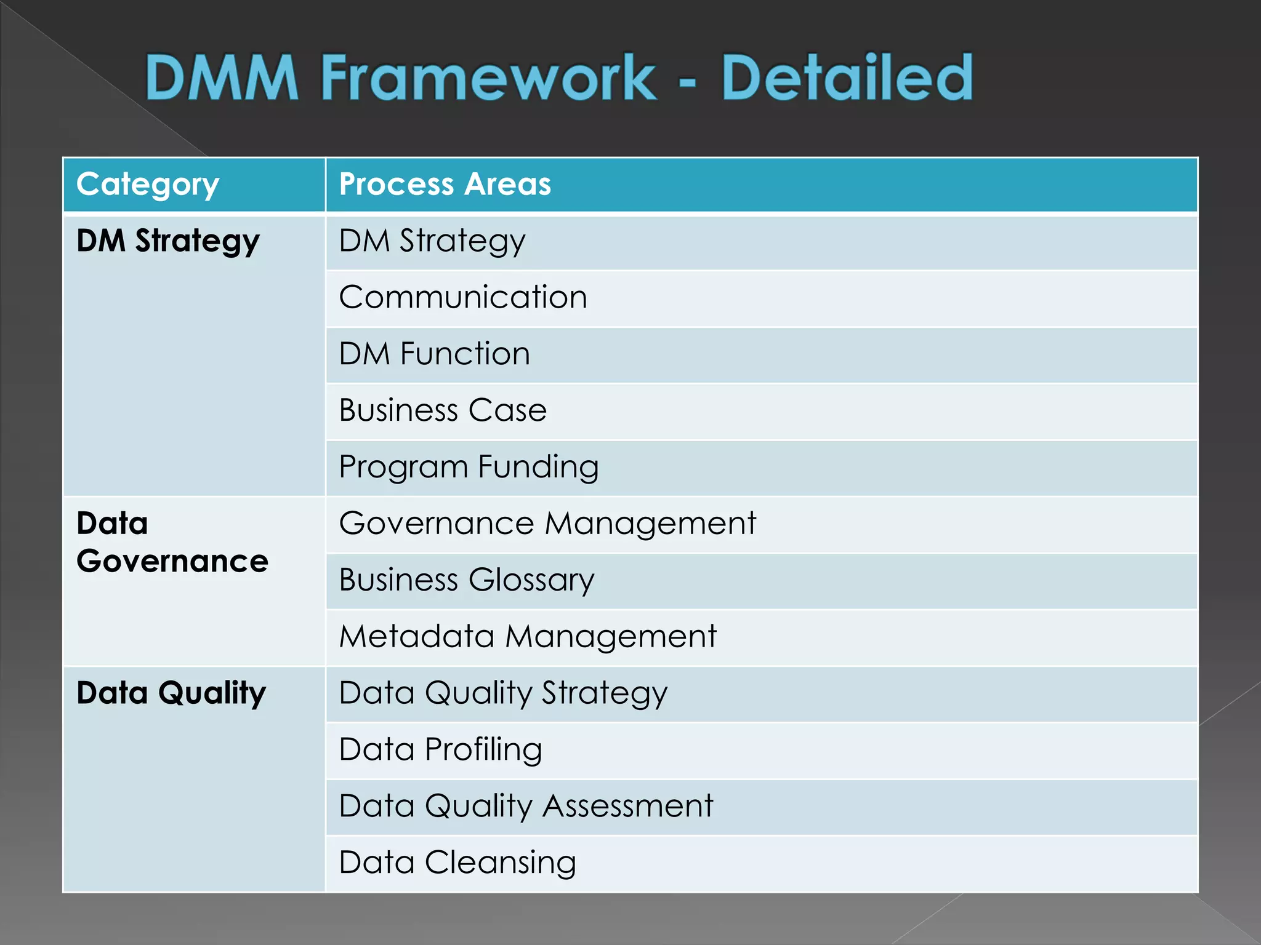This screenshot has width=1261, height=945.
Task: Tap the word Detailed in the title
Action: tap(847, 78)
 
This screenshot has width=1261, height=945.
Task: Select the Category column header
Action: tap(148, 184)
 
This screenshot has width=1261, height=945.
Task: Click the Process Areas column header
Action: tap(445, 184)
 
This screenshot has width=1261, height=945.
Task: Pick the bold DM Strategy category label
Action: tap(168, 241)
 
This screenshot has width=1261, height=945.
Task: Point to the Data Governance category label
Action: tap(172, 542)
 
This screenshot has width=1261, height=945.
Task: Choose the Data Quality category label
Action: tap(171, 693)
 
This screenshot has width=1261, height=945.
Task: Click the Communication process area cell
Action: tap(463, 297)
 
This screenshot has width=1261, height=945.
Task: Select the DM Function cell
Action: tap(435, 354)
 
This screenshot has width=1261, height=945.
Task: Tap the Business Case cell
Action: tap(443, 410)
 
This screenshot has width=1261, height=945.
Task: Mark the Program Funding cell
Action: tap(469, 467)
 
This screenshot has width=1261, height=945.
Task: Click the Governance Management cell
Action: tap(547, 524)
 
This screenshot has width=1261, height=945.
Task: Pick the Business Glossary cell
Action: tap(467, 580)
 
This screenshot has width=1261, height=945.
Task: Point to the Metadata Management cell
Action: tap(528, 637)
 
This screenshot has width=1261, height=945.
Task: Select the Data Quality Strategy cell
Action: tap(503, 693)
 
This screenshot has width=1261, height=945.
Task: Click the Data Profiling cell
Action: tap(440, 750)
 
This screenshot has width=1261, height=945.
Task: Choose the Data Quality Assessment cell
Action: tap(526, 807)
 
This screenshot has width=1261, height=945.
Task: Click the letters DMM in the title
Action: tap(222, 78)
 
